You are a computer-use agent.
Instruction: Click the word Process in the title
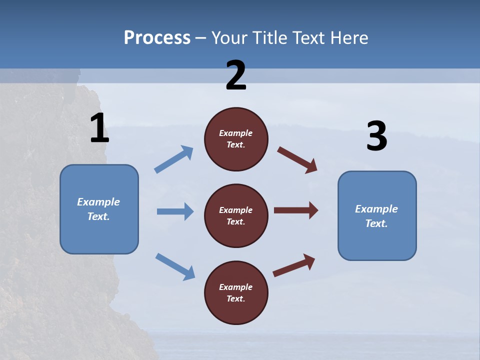pyautogui.click(x=157, y=38)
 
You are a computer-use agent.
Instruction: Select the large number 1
pyautogui.click(x=99, y=128)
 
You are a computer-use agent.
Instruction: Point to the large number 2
pyautogui.click(x=236, y=75)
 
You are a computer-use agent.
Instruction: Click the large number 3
pyautogui.click(x=377, y=136)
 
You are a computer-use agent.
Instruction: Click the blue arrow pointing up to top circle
pyautogui.click(x=174, y=159)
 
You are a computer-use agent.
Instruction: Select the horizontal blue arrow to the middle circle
pyautogui.click(x=175, y=211)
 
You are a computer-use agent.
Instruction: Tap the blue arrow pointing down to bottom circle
pyautogui.click(x=175, y=266)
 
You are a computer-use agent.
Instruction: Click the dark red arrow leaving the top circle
pyautogui.click(x=297, y=160)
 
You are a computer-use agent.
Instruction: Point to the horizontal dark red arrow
pyautogui.click(x=296, y=210)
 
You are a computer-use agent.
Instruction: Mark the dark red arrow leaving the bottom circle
pyautogui.click(x=294, y=265)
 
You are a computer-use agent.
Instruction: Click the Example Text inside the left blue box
pyautogui.click(x=98, y=209)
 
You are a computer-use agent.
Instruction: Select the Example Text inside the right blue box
pyautogui.click(x=376, y=216)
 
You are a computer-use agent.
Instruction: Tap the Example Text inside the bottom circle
pyautogui.click(x=236, y=292)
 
